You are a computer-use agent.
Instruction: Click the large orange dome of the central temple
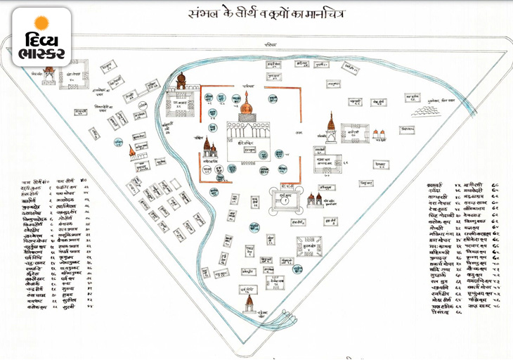[x=247, y=106]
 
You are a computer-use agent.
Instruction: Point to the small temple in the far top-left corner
[x=50, y=72]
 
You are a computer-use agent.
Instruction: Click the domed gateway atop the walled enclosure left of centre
[x=181, y=81]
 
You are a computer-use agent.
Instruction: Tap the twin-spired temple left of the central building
[x=209, y=147]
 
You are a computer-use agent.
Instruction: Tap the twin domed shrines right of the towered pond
[x=314, y=200]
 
